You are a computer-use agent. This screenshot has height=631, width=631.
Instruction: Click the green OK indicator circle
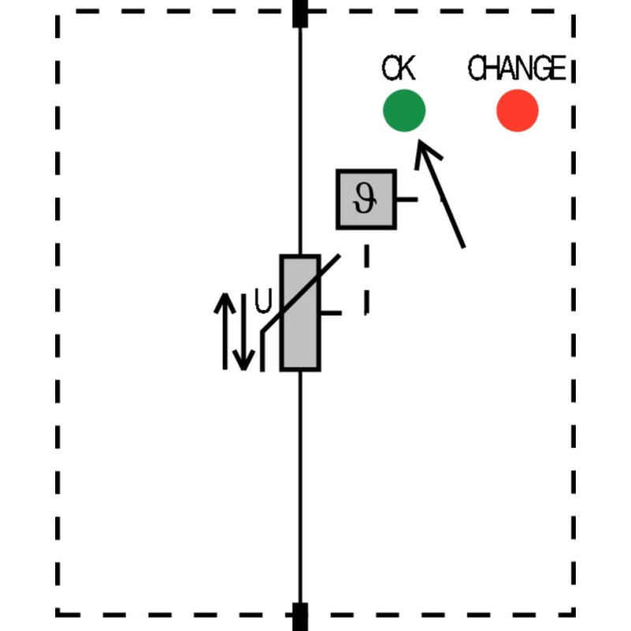pyautogui.click(x=404, y=110)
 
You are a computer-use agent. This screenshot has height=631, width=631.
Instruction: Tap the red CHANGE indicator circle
pyautogui.click(x=517, y=110)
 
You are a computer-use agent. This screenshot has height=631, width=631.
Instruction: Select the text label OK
pyautogui.click(x=398, y=68)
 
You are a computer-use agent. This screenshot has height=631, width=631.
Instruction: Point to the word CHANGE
pyautogui.click(x=517, y=68)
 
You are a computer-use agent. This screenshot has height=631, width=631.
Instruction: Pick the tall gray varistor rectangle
pyautogui.click(x=301, y=312)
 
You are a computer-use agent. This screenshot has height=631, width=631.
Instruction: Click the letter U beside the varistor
pyautogui.click(x=263, y=301)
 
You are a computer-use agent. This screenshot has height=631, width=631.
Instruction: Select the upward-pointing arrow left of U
pyautogui.click(x=225, y=330)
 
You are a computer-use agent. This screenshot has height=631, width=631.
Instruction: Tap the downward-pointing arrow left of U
pyautogui.click(x=244, y=332)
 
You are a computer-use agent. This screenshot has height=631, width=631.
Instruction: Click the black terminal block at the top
pyautogui.click(x=300, y=13)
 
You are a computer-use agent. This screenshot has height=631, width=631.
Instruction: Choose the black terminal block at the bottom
pyautogui.click(x=300, y=617)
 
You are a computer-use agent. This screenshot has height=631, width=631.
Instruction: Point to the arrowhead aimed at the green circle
pyautogui.click(x=420, y=140)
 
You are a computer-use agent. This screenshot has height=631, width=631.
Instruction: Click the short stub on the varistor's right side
pyautogui.click(x=331, y=312)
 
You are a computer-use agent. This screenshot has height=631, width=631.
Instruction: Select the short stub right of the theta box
pyautogui.click(x=407, y=200)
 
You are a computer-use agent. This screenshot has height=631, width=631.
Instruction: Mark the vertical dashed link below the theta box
pyautogui.click(x=367, y=279)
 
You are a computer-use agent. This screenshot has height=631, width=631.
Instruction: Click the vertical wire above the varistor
pyautogui.click(x=300, y=141)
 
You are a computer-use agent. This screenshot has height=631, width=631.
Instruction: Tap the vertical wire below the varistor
pyautogui.click(x=300, y=487)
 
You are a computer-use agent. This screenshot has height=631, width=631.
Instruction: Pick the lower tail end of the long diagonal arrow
pyautogui.click(x=464, y=247)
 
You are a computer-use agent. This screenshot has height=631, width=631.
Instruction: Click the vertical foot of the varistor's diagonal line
pyautogui.click(x=263, y=350)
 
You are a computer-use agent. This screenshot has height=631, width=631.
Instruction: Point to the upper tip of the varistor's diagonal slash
pyautogui.click(x=340, y=255)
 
